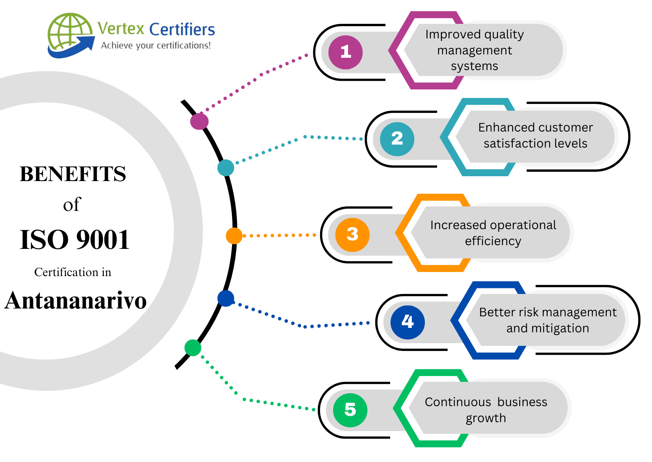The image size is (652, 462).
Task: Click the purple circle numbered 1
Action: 345,52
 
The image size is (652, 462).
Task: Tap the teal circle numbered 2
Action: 397,139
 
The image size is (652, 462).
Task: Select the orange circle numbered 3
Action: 352,235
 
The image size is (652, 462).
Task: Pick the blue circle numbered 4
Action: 407,322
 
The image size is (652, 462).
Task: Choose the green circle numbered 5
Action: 350,410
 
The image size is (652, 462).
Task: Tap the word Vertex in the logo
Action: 121,28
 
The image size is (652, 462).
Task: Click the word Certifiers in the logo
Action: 182,29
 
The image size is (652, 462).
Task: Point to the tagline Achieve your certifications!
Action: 156,45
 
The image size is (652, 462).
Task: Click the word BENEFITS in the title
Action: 73,174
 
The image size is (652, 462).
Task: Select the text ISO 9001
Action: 75,239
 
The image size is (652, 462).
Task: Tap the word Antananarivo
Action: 76,300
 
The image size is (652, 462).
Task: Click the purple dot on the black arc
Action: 199,121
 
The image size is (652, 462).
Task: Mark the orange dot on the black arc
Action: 234,236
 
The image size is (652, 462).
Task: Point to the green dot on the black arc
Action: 193,348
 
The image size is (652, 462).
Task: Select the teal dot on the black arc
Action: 226,168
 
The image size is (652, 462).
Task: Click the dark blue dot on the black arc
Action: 226,298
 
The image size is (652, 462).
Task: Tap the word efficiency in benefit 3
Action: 493,241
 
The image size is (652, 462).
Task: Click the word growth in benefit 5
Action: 486,418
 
